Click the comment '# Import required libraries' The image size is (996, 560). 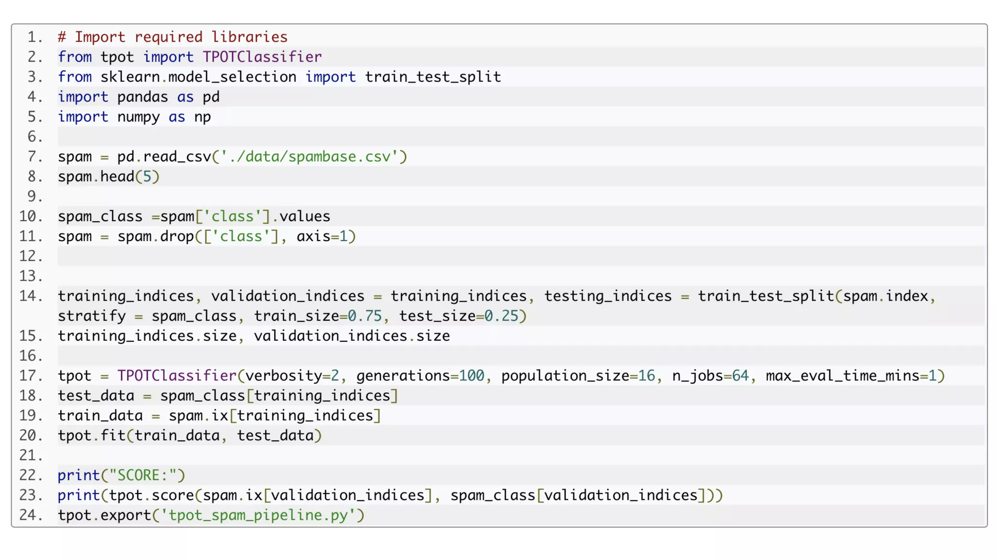pyautogui.click(x=173, y=37)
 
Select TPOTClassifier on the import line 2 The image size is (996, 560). pyautogui.click(x=262, y=57)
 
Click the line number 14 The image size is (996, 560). pyautogui.click(x=31, y=296)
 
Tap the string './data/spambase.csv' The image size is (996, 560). pyautogui.click(x=309, y=157)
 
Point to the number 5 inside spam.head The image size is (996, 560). pyautogui.click(x=147, y=176)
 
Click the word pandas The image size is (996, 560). pyautogui.click(x=142, y=97)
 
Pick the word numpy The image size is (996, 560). pyautogui.click(x=138, y=117)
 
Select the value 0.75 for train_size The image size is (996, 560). pyautogui.click(x=365, y=316)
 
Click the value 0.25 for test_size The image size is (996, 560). pyautogui.click(x=501, y=316)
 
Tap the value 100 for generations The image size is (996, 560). pyautogui.click(x=471, y=376)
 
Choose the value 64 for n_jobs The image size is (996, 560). pyautogui.click(x=740, y=376)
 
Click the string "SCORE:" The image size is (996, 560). pyautogui.click(x=147, y=475)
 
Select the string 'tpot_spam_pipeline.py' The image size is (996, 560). pyautogui.click(x=262, y=515)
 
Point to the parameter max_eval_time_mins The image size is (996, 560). pyautogui.click(x=842, y=376)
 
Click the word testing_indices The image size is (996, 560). pyautogui.click(x=608, y=296)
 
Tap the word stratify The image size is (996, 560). pyautogui.click(x=92, y=316)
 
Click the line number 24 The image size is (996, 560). pyautogui.click(x=31, y=515)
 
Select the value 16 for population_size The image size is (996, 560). pyautogui.click(x=646, y=376)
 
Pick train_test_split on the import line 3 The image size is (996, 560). pyautogui.click(x=433, y=77)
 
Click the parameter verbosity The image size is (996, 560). pyautogui.click(x=284, y=376)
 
